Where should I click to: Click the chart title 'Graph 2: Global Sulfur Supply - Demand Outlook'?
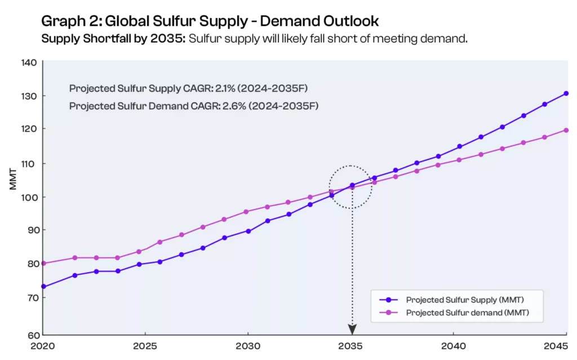(210, 21)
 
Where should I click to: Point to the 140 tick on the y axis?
(29, 63)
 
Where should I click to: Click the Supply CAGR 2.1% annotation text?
(189, 88)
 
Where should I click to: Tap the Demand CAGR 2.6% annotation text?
(194, 105)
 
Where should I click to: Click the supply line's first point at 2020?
(44, 287)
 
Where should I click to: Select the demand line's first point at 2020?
(44, 263)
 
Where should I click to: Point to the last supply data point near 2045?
(566, 94)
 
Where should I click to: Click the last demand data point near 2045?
(566, 130)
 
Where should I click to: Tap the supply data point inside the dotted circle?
(352, 185)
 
